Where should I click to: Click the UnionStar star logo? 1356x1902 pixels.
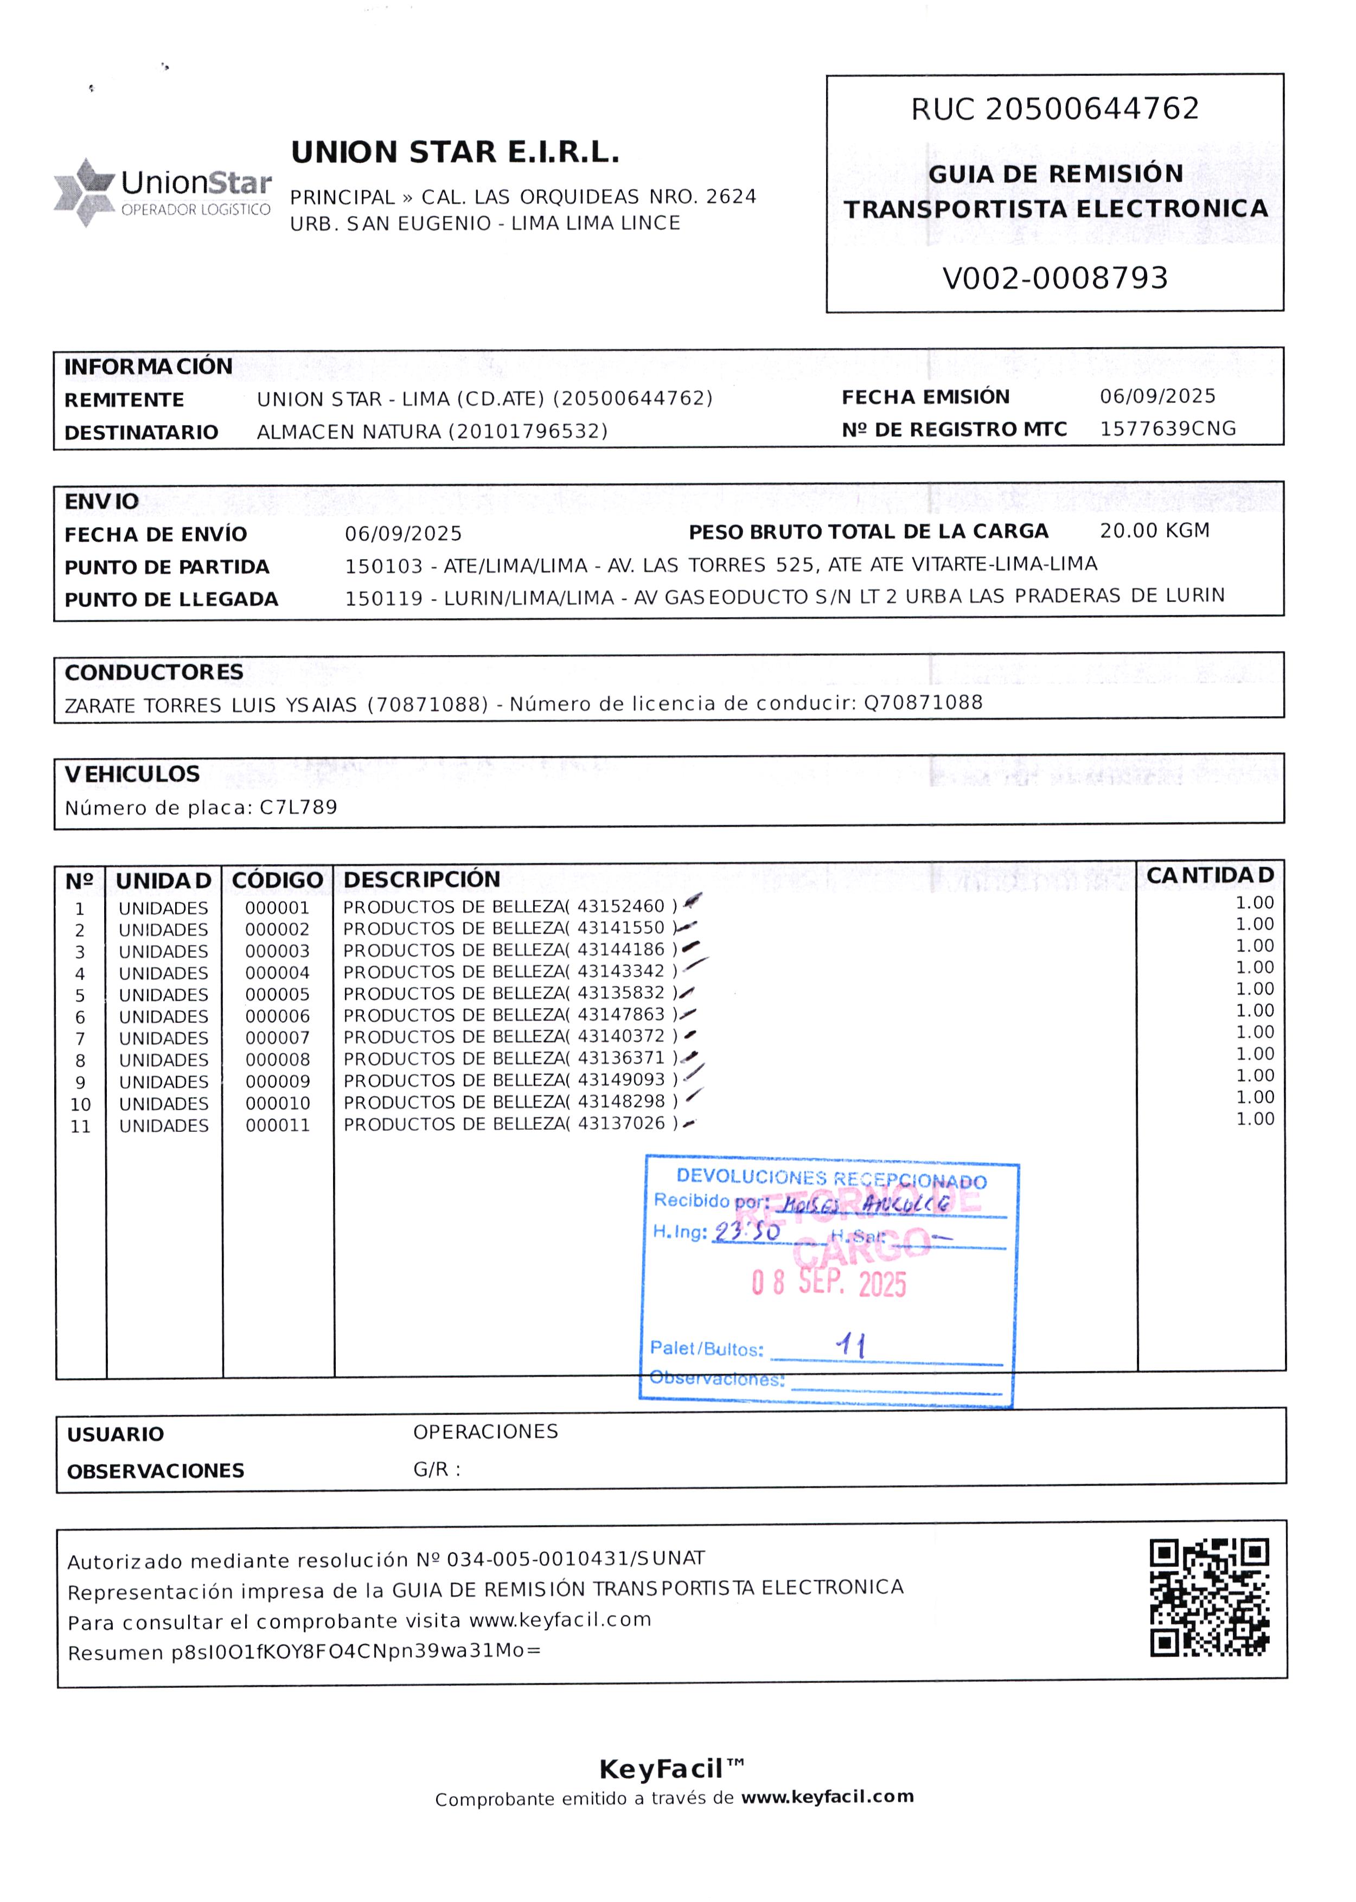click(x=84, y=191)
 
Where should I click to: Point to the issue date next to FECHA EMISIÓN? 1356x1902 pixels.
click(x=1157, y=396)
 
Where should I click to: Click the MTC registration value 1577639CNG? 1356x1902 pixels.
click(x=1167, y=428)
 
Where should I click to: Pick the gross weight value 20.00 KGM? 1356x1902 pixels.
click(x=1154, y=530)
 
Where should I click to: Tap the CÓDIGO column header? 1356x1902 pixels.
click(x=277, y=880)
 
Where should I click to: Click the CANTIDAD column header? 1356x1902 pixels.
click(x=1210, y=875)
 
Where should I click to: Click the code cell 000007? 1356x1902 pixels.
click(x=277, y=1038)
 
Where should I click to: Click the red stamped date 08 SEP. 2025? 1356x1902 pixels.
click(x=828, y=1283)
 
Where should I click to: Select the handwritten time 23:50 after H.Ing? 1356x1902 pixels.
click(x=747, y=1232)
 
